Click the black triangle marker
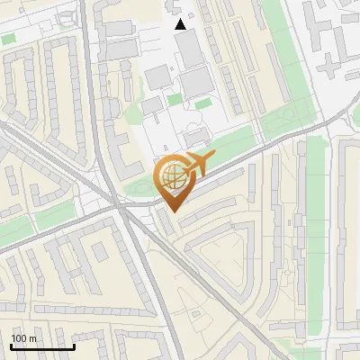point(181,24)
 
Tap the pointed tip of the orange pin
point(172,211)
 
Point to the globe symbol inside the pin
point(172,175)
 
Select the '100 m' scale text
point(24,338)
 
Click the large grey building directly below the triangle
point(189,50)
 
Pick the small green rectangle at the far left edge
point(8,39)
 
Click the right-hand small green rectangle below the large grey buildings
point(204,103)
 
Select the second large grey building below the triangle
point(196,83)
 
